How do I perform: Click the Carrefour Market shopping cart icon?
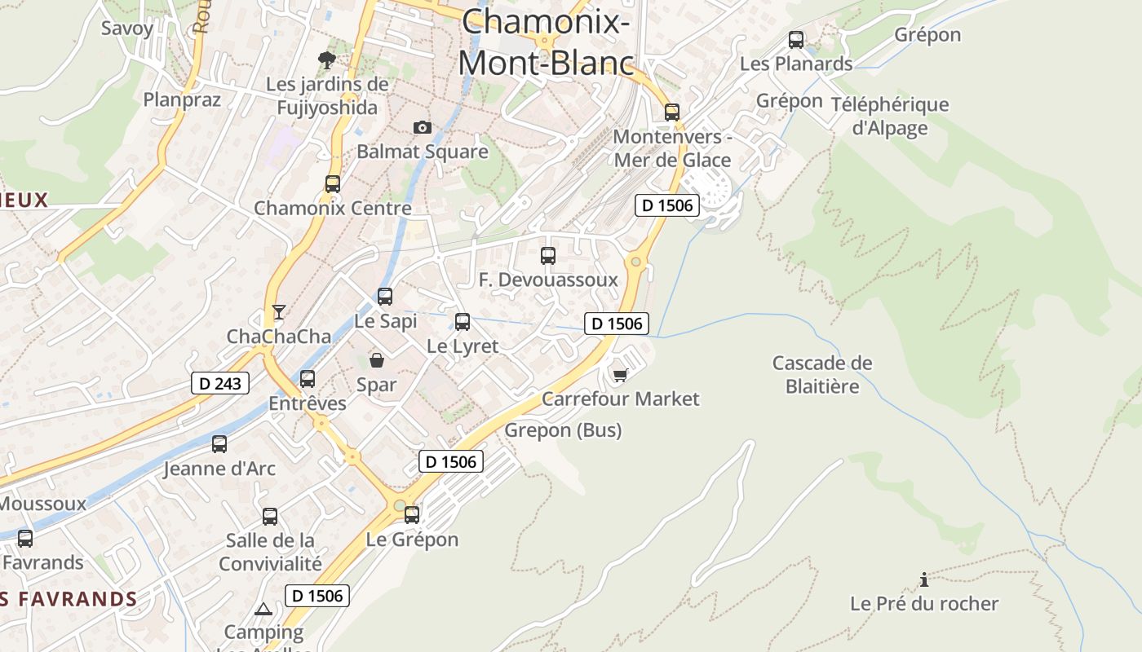click(x=621, y=375)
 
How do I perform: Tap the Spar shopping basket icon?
click(x=377, y=359)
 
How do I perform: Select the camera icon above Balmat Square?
click(x=422, y=127)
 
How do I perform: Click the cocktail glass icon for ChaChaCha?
click(x=279, y=311)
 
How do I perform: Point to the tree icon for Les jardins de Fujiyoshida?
click(x=327, y=59)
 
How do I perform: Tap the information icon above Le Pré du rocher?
click(x=924, y=579)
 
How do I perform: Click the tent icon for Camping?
click(x=263, y=609)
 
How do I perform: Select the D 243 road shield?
click(x=220, y=383)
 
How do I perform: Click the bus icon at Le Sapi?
click(x=385, y=297)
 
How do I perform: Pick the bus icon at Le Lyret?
click(x=463, y=322)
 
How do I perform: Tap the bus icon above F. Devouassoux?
click(x=548, y=256)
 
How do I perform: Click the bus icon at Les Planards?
click(x=796, y=39)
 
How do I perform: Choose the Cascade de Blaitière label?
click(x=822, y=374)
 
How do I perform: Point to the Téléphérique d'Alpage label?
click(x=890, y=116)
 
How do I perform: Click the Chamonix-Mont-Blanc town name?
click(x=546, y=42)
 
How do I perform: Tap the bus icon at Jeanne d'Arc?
click(x=219, y=444)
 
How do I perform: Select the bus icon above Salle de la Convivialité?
click(x=270, y=516)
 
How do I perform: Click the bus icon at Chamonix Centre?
click(x=333, y=183)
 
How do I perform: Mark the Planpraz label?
click(x=182, y=99)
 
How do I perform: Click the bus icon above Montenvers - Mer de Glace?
click(x=672, y=112)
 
